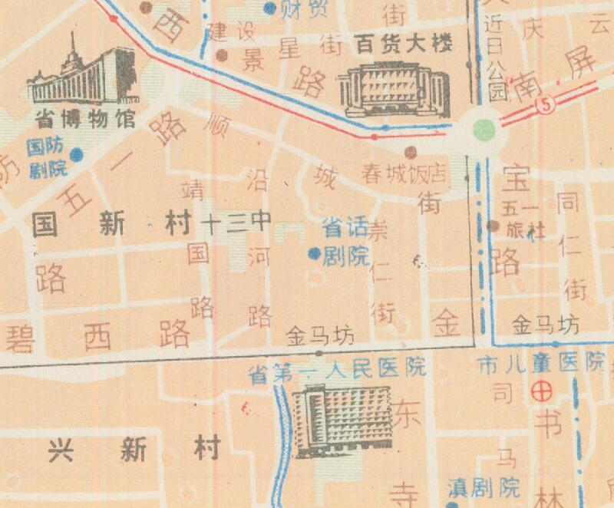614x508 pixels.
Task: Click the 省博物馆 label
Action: point(84,120)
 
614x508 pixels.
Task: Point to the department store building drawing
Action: point(394,88)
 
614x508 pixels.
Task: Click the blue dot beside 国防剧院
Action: point(76,155)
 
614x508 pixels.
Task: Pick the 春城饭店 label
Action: point(405,173)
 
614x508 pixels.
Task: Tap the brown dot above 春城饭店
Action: point(411,152)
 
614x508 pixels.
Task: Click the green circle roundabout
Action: point(485,128)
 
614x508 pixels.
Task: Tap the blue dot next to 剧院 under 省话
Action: point(313,253)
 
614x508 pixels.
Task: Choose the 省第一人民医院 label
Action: point(338,369)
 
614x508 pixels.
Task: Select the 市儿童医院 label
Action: point(541,361)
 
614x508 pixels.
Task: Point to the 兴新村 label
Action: point(134,449)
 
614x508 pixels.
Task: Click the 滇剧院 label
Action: point(484,487)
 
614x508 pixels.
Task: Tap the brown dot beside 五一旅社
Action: point(494,226)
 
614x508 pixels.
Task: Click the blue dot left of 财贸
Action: point(269,8)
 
